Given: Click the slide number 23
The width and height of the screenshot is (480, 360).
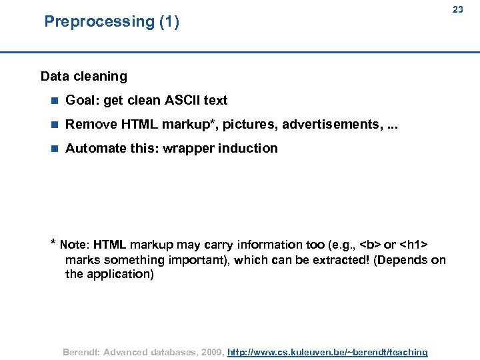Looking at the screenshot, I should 457,9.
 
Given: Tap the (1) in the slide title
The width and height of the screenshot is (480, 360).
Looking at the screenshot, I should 169,21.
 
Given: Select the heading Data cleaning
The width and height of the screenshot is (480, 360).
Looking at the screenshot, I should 83,76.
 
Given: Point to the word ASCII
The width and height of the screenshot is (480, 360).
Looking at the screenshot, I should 182,100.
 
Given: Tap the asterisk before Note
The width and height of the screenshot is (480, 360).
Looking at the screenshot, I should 53,243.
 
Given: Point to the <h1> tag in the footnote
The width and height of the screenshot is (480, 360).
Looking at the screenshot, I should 414,245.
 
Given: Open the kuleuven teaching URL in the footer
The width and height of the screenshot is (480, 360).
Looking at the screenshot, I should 327,352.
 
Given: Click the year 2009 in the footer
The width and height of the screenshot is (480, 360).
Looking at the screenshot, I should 210,352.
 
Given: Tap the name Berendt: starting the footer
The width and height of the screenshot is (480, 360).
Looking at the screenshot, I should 81,352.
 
